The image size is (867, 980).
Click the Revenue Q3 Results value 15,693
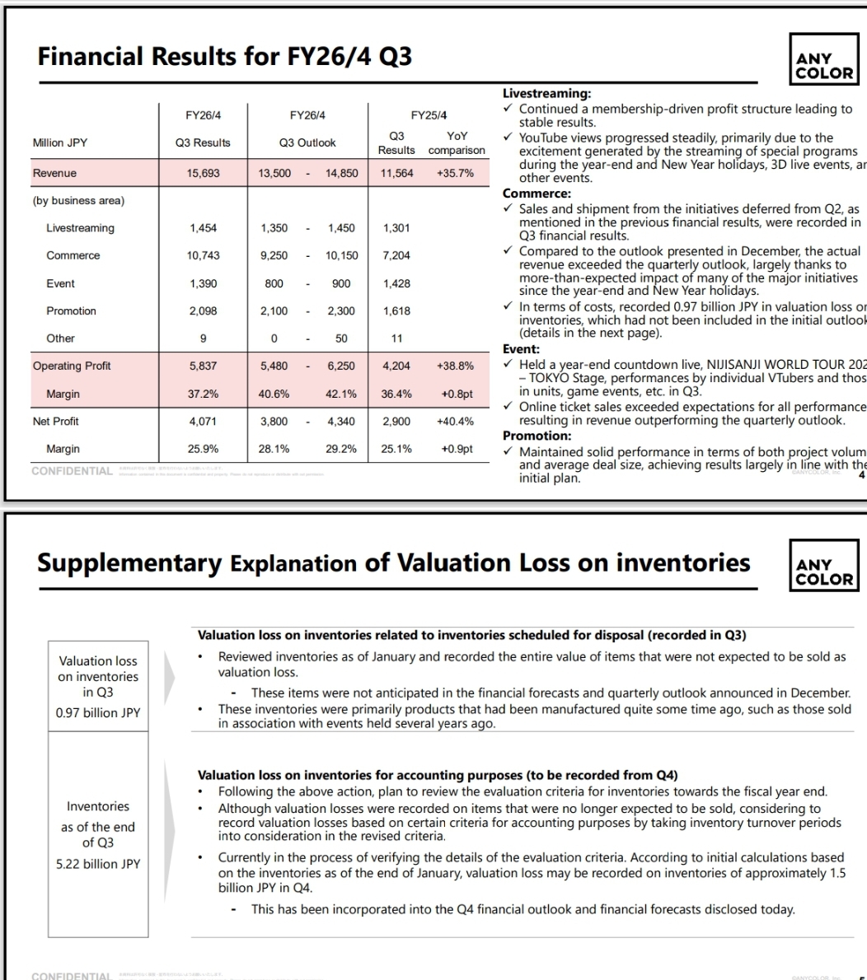pyautogui.click(x=203, y=173)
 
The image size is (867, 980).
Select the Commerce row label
pyautogui.click(x=73, y=255)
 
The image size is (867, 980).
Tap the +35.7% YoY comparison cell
pyautogui.click(x=456, y=173)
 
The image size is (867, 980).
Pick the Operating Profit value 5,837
pyautogui.click(x=203, y=366)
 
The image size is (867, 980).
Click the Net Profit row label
pyautogui.click(x=56, y=421)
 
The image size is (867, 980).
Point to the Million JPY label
pyautogui.click(x=60, y=142)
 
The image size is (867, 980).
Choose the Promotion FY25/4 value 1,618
pyautogui.click(x=396, y=310)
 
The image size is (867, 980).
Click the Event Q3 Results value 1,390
pyautogui.click(x=203, y=283)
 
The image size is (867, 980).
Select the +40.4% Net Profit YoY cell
pyautogui.click(x=456, y=421)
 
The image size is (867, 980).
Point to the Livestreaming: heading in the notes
pyautogui.click(x=546, y=95)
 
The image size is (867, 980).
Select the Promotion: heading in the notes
pyautogui.click(x=537, y=436)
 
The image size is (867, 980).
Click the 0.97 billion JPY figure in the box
pyautogui.click(x=98, y=712)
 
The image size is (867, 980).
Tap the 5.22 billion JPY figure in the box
pyautogui.click(x=98, y=864)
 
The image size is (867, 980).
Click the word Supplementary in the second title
pyautogui.click(x=129, y=563)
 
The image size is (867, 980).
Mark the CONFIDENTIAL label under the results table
pyautogui.click(x=72, y=471)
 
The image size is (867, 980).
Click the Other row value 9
pyautogui.click(x=203, y=338)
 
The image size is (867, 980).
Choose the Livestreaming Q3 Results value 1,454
pyautogui.click(x=203, y=228)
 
